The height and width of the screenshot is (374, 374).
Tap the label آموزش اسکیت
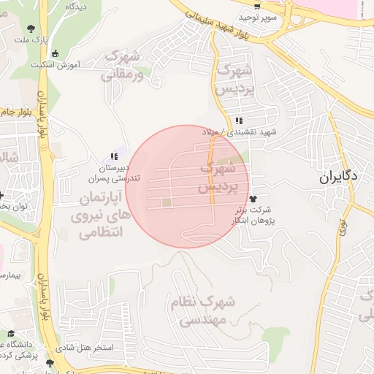pos(56,65)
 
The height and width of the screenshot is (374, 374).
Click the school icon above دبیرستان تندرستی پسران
pos(113,156)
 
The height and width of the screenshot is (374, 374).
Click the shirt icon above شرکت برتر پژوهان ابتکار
pos(253,197)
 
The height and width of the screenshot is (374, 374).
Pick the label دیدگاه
pos(77,6)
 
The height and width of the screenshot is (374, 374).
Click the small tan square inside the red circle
pos(167,202)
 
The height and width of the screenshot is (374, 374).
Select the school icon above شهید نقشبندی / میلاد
pos(238,121)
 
